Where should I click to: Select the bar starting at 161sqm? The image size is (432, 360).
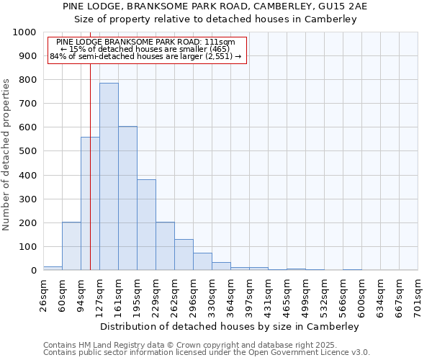(x=127, y=198)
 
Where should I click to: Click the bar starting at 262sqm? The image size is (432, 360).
(x=184, y=255)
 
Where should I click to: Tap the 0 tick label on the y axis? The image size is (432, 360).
(x=34, y=271)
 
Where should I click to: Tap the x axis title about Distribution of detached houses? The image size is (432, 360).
(x=229, y=326)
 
